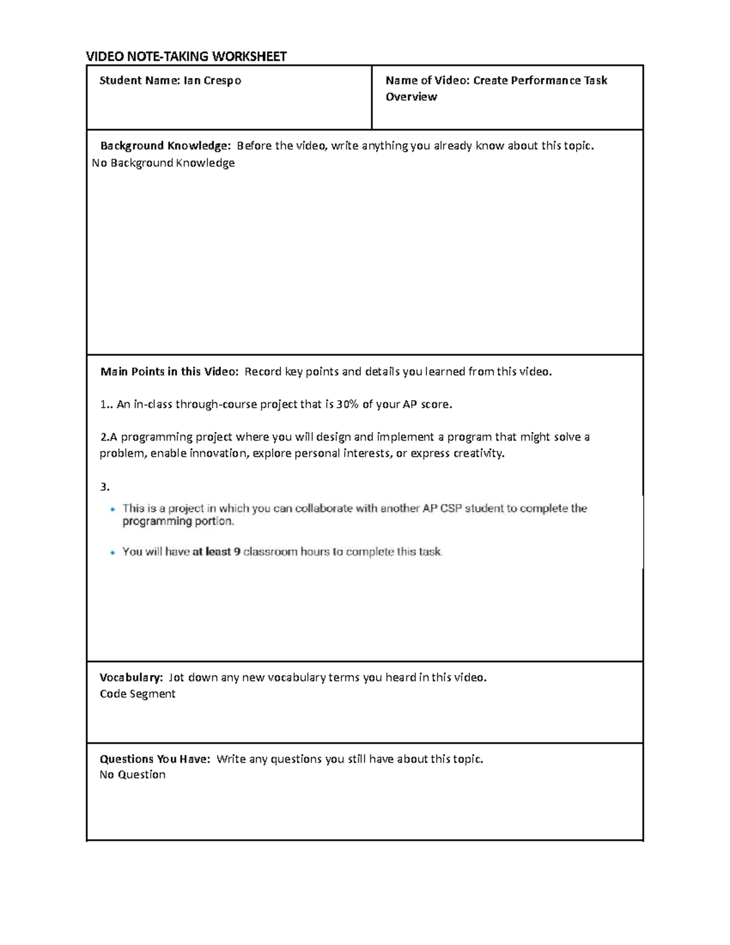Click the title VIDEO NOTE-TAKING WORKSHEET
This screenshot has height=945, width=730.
pyautogui.click(x=186, y=57)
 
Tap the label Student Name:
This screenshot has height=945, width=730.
pyautogui.click(x=139, y=80)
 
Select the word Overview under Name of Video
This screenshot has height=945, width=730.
pyautogui.click(x=411, y=97)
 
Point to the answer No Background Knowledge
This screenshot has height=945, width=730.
pyautogui.click(x=163, y=162)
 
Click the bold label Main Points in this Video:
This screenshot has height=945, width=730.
pyautogui.click(x=169, y=372)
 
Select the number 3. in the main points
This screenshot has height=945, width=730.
pyautogui.click(x=105, y=486)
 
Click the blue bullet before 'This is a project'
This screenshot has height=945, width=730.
pyautogui.click(x=112, y=509)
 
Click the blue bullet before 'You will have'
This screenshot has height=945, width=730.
pyautogui.click(x=112, y=553)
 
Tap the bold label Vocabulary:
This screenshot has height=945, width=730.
pyautogui.click(x=131, y=677)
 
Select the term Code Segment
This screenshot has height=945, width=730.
pyautogui.click(x=137, y=694)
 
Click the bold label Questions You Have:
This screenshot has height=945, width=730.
pyautogui.click(x=155, y=759)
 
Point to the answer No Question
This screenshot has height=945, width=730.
pyautogui.click(x=133, y=775)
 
